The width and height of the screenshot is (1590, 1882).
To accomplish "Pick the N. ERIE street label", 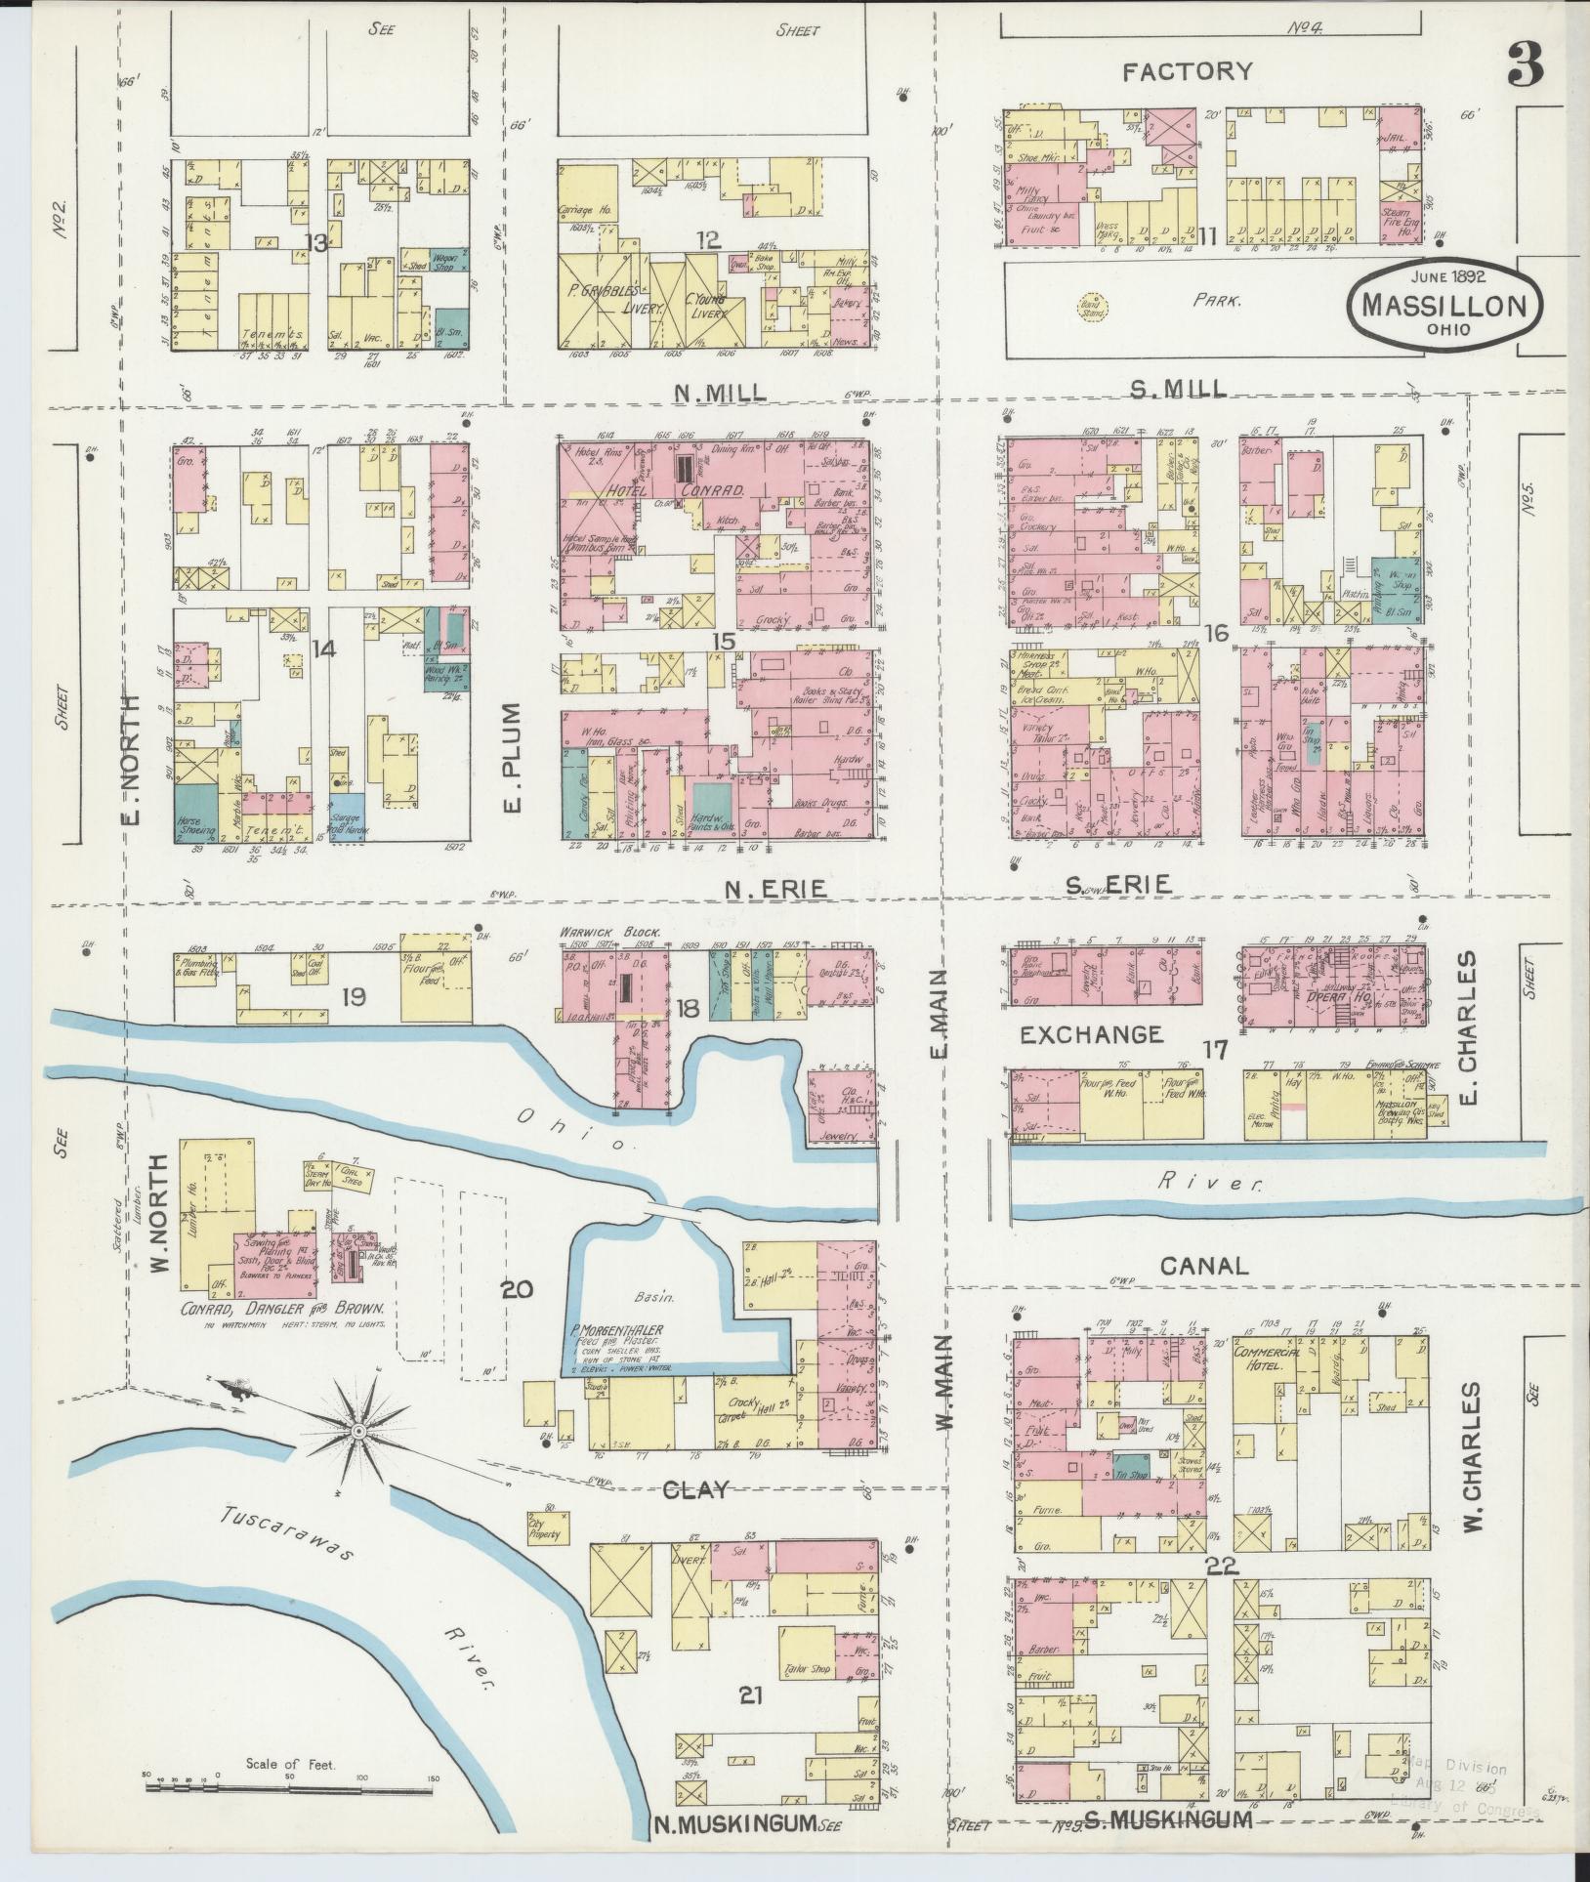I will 777,889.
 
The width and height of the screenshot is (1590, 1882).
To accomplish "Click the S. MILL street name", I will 1177,389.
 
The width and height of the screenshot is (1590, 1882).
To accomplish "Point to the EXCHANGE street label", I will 1092,1033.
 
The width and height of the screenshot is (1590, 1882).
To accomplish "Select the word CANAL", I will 1204,1265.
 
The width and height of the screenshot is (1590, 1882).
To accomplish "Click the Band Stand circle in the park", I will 1086,305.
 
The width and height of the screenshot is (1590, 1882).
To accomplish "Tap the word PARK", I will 1216,302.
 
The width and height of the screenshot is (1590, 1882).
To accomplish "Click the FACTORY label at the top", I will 1187,70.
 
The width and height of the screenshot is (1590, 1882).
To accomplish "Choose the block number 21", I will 749,1695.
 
